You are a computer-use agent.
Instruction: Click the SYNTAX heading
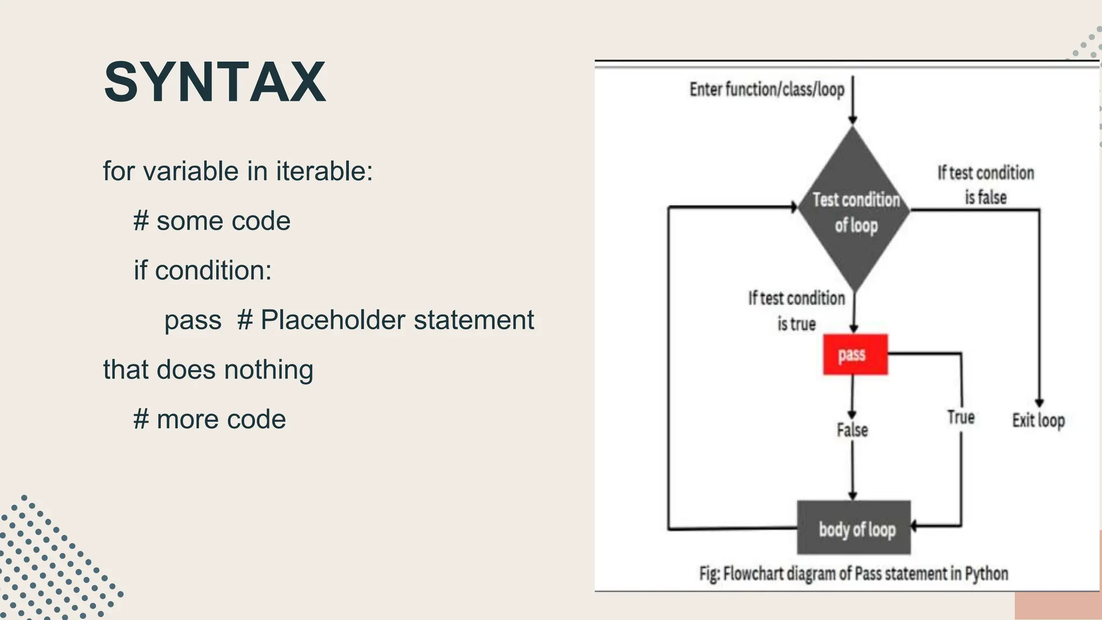click(215, 82)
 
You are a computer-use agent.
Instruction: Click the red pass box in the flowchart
click(854, 354)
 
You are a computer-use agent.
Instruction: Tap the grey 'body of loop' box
click(854, 528)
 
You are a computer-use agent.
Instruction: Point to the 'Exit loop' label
click(1038, 420)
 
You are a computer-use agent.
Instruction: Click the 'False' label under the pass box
click(852, 430)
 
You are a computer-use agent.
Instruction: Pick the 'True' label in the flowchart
click(960, 417)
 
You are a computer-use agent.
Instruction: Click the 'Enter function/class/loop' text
click(767, 89)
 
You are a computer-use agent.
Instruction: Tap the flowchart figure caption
click(853, 574)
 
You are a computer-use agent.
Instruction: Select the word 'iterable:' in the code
click(324, 172)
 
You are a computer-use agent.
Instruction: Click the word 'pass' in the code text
click(193, 320)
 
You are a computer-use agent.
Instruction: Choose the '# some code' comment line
click(212, 221)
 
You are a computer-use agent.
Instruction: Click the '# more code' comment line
click(210, 419)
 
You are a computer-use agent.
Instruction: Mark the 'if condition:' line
click(203, 271)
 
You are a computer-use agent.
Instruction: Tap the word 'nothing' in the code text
click(269, 370)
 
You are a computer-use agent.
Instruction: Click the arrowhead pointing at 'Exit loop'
click(1039, 403)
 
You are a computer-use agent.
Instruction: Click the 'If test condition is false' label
click(985, 185)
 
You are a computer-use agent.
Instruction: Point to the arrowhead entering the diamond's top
click(852, 121)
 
